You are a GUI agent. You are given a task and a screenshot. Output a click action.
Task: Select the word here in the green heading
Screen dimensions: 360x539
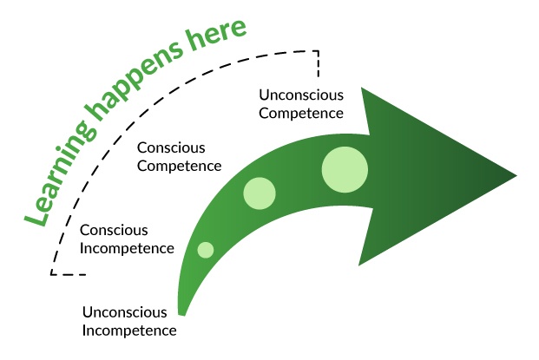218,36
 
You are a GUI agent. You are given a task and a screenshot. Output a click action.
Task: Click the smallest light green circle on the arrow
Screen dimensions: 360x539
206,250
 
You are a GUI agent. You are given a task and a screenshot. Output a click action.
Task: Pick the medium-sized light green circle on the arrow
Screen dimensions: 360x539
260,193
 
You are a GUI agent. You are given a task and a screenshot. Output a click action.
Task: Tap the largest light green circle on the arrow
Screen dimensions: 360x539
345,169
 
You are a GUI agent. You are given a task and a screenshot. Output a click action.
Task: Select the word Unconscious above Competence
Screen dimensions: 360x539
302,95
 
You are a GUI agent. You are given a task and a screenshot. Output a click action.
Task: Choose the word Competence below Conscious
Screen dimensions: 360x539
180,165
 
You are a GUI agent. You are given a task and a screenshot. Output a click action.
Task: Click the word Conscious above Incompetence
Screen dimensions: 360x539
113,231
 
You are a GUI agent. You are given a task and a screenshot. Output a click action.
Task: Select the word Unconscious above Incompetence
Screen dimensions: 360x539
125,312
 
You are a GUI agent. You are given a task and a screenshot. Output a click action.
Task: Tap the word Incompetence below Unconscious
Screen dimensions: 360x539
129,330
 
